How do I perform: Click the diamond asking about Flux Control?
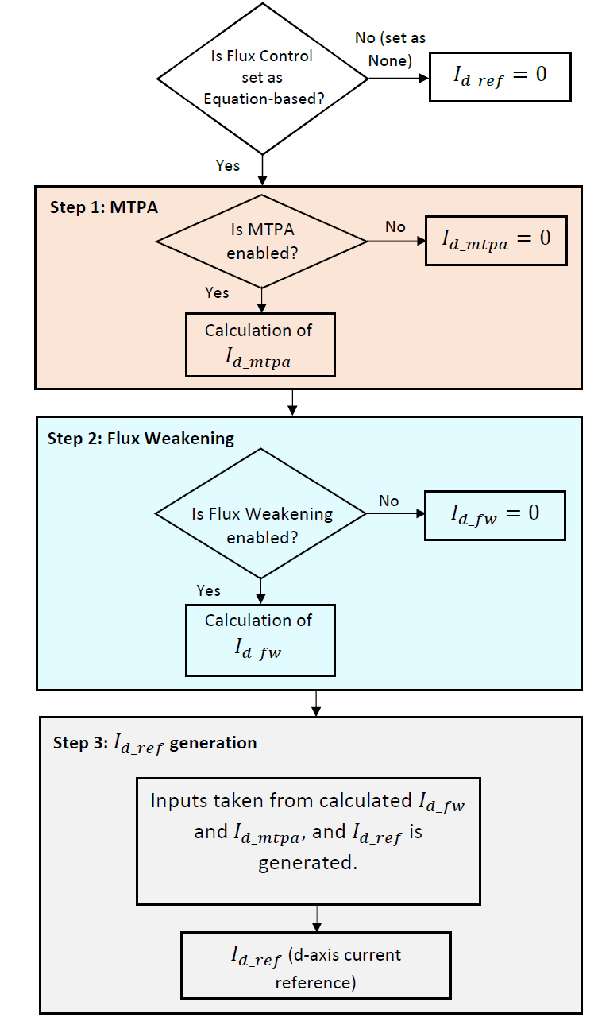click(262, 78)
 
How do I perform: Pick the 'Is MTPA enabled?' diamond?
click(261, 242)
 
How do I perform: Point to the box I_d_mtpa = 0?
click(496, 239)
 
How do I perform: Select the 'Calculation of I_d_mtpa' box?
click(260, 344)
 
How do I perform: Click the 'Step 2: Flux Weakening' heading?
click(141, 438)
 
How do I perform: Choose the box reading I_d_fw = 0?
click(495, 514)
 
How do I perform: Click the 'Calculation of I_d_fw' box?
click(260, 640)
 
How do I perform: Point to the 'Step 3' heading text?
click(155, 744)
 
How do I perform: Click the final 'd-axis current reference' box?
click(316, 965)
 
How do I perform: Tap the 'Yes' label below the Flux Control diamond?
click(229, 165)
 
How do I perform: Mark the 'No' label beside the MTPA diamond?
click(395, 227)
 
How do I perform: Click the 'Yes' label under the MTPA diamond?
click(217, 292)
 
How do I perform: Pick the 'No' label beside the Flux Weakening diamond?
click(388, 501)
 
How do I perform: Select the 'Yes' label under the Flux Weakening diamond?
click(209, 590)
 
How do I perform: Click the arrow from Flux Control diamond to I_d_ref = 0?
click(397, 78)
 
